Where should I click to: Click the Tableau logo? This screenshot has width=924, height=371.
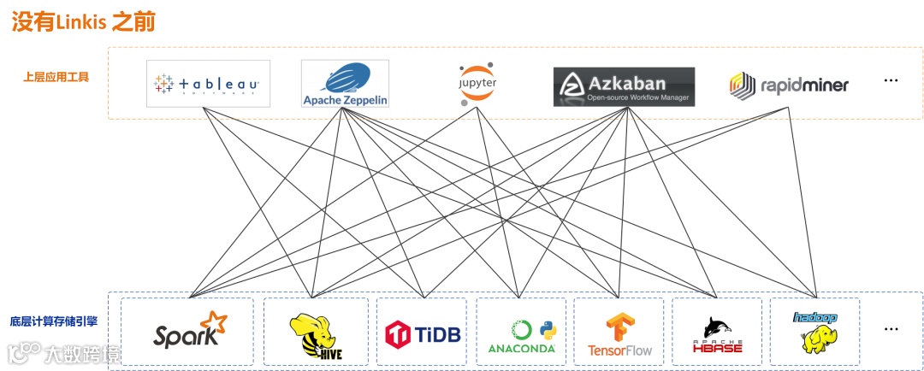(x=208, y=84)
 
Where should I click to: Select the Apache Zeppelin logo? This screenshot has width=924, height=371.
(x=345, y=84)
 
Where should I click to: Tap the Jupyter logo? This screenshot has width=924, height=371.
(x=477, y=82)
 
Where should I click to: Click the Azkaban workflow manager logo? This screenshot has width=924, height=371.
(x=623, y=86)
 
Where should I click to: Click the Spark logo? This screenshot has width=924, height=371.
(x=190, y=332)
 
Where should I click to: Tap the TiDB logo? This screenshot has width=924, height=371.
(x=423, y=333)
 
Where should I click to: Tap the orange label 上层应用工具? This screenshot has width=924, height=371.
(x=56, y=77)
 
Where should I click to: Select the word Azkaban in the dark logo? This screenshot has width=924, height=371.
(x=638, y=84)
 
